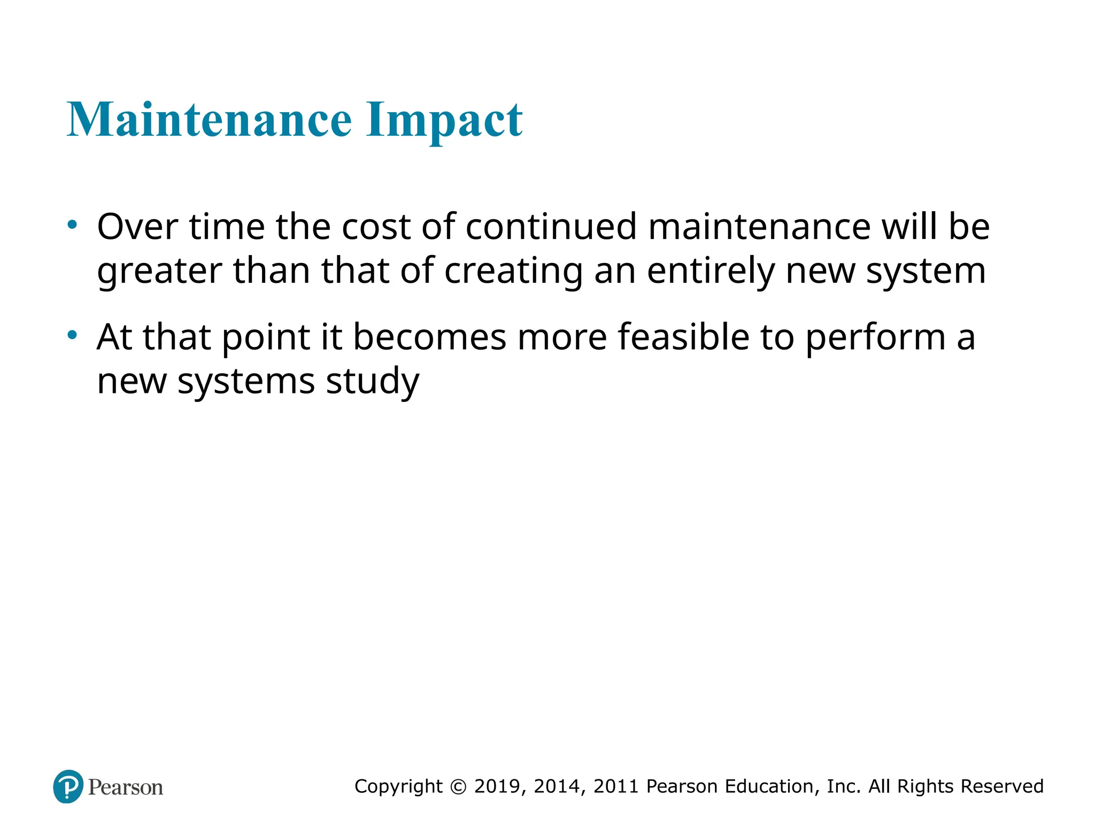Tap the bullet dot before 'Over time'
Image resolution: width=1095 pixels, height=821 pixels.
(72, 225)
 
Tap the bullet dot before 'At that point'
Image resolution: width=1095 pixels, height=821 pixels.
(72, 336)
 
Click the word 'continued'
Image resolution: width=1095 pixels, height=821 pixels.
(551, 227)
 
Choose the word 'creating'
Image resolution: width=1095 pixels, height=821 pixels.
(513, 272)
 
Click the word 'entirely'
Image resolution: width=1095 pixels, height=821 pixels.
(710, 272)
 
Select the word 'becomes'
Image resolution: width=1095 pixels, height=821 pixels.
(429, 338)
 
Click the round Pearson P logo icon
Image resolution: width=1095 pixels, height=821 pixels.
(68, 786)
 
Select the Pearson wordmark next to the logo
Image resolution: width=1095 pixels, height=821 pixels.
(126, 787)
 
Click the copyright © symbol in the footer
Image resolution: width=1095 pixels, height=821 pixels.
(458, 786)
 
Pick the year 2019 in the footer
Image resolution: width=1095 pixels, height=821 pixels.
(499, 786)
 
